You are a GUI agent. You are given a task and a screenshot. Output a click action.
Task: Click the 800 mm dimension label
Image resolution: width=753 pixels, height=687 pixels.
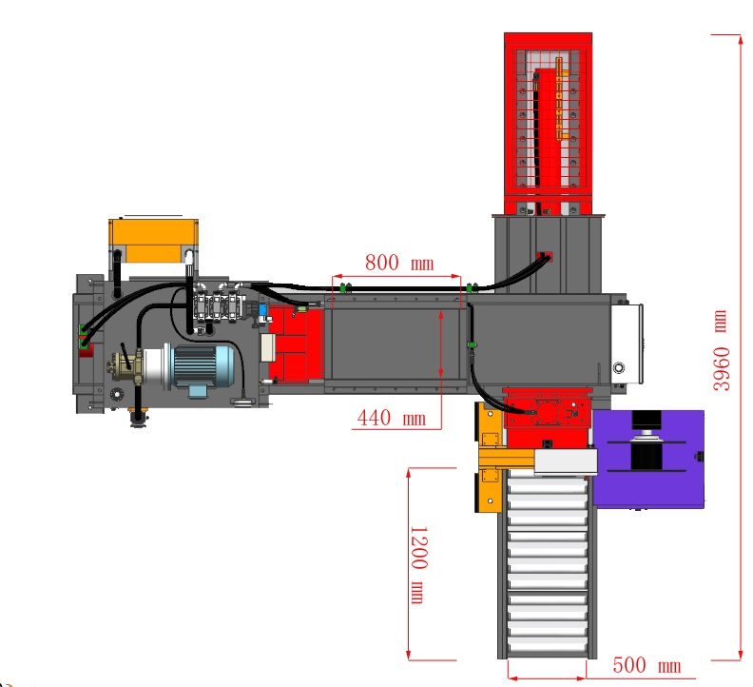(x=399, y=263)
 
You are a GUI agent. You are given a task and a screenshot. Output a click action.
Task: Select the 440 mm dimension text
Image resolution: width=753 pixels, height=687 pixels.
(x=392, y=418)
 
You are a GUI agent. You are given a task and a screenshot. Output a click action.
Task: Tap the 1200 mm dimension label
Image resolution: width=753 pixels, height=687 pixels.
(x=418, y=564)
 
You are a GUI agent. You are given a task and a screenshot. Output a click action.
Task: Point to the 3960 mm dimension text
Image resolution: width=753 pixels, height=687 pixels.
(x=721, y=350)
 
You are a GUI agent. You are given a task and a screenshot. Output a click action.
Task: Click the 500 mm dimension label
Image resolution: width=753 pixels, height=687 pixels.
(x=647, y=665)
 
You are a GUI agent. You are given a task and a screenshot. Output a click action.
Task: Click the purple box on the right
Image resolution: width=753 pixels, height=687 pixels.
(x=648, y=458)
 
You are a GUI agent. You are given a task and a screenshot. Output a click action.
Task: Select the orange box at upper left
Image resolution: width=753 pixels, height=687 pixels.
(x=154, y=241)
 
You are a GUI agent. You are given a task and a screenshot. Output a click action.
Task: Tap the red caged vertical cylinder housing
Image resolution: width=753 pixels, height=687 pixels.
(x=548, y=124)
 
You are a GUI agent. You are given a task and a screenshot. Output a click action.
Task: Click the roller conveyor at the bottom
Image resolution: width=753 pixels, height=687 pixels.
(x=548, y=563)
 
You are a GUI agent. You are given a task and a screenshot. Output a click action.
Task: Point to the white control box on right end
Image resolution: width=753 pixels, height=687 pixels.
(x=627, y=343)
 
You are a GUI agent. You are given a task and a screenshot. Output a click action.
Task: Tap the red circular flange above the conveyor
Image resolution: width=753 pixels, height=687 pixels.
(x=547, y=413)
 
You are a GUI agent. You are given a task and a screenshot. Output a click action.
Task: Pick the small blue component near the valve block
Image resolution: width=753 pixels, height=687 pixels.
(x=262, y=310)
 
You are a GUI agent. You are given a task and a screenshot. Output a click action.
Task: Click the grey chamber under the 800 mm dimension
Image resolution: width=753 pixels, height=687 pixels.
(x=395, y=344)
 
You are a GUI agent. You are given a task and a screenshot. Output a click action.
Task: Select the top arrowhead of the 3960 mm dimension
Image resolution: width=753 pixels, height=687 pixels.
(x=740, y=38)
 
